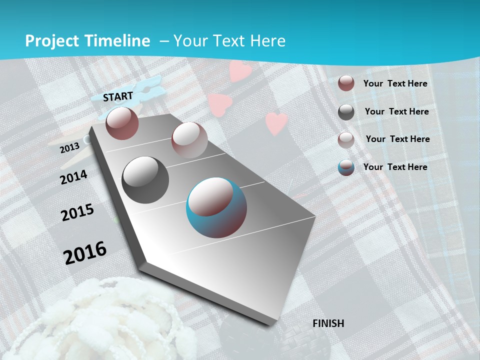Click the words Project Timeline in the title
click(87, 41)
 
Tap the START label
click(118, 96)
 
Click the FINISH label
click(328, 323)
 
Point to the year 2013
click(69, 147)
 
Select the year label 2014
click(74, 177)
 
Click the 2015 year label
click(77, 212)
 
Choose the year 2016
click(85, 252)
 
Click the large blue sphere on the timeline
click(216, 207)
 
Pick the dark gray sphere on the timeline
click(145, 180)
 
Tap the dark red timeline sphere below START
click(122, 123)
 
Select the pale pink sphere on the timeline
click(189, 140)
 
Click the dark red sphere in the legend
click(346, 83)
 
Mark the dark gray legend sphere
click(346, 112)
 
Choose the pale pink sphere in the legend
click(346, 140)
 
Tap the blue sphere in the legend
click(346, 167)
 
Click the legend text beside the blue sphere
click(395, 167)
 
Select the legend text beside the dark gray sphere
click(396, 111)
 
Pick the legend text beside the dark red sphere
click(395, 83)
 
